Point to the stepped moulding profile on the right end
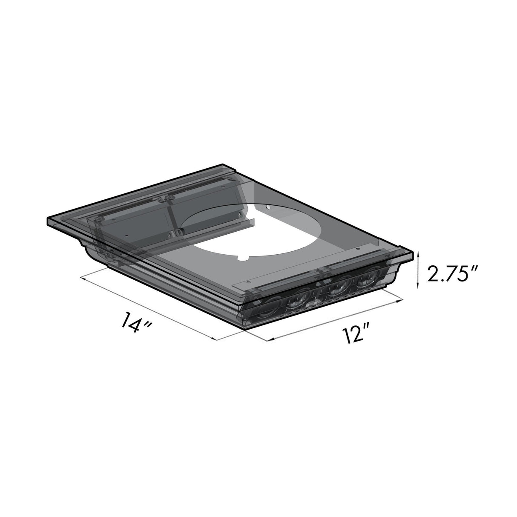tap(398, 273)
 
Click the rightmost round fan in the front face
tap(366, 281)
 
